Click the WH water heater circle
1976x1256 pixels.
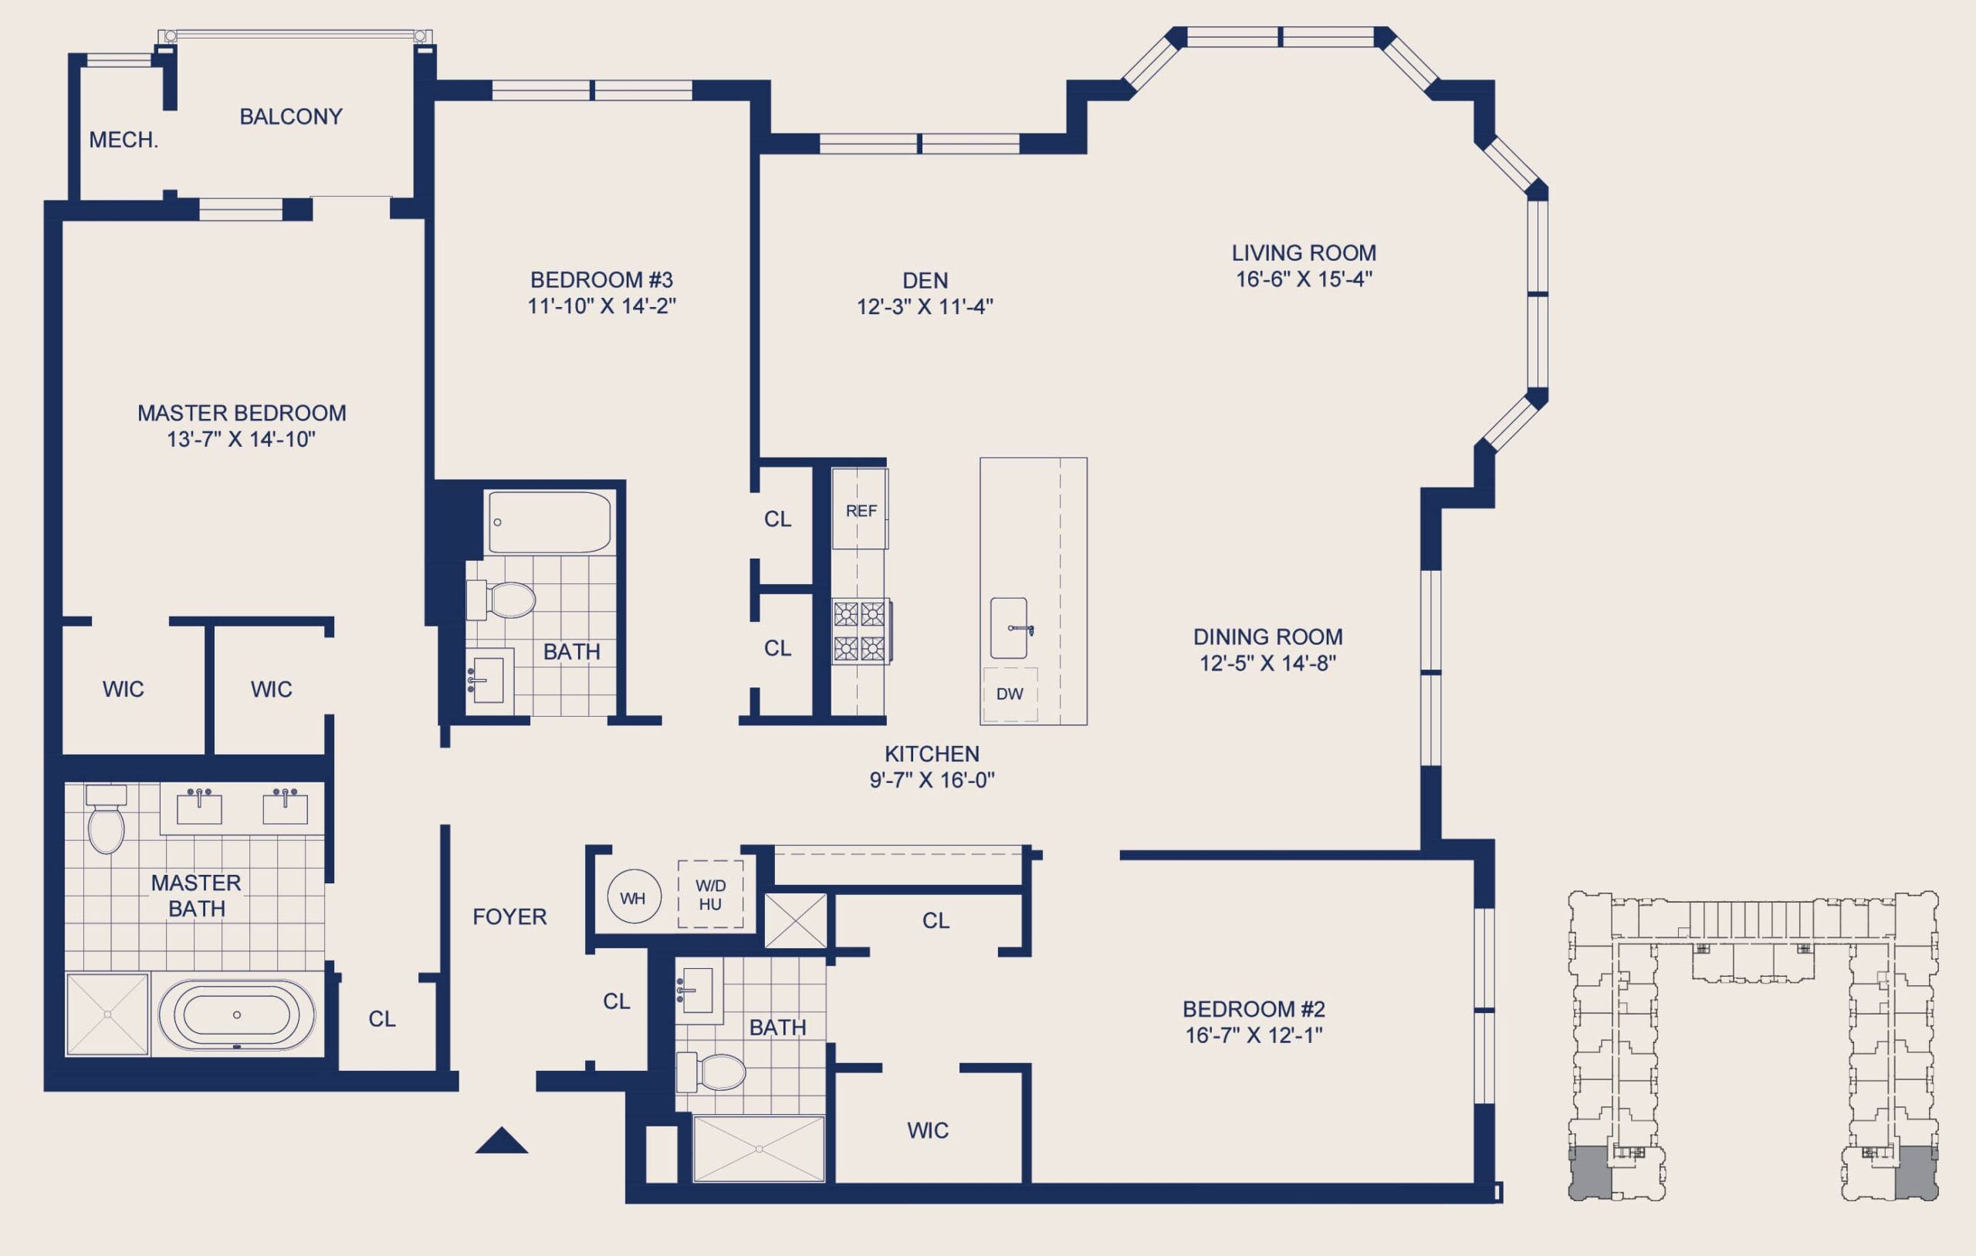coord(634,897)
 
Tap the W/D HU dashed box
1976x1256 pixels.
coord(711,894)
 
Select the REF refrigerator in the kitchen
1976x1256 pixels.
coord(860,508)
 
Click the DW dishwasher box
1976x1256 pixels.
coord(1010,694)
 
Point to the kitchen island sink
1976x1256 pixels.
coord(1010,627)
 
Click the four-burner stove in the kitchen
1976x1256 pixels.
coord(861,631)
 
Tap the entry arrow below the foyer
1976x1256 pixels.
coord(502,1140)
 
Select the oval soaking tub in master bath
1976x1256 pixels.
coord(236,1015)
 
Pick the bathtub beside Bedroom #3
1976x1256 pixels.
coord(549,522)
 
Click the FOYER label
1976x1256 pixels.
coord(509,917)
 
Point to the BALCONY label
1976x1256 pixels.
coord(291,116)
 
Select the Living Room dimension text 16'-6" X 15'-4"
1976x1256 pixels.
coord(1304,279)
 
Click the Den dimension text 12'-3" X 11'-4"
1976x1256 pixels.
coord(925,307)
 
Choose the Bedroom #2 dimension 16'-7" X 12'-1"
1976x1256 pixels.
coord(1254,1035)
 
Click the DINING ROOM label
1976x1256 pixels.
coord(1268,636)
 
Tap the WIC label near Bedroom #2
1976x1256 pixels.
coord(928,1130)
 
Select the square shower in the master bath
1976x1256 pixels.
coord(107,1015)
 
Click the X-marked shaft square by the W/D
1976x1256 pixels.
coord(795,920)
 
